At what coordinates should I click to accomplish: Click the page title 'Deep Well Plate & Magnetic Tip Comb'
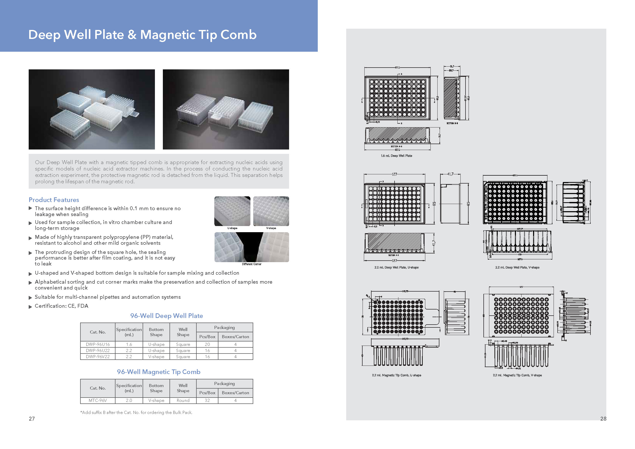coord(142,35)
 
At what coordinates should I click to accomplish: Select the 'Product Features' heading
coord(54,200)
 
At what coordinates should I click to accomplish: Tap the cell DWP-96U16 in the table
coord(98,344)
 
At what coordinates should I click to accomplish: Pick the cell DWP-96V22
coord(98,357)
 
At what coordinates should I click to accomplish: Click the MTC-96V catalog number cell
coord(98,400)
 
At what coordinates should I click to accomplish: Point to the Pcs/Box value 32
coord(207,400)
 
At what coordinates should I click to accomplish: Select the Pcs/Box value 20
coord(207,344)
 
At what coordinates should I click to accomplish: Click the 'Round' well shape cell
coord(183,400)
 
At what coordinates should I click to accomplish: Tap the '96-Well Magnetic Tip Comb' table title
coord(158,372)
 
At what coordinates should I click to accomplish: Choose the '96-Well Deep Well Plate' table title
coord(166,316)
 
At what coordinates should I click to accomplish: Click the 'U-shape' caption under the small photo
coord(232,228)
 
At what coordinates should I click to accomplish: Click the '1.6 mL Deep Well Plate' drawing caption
coord(396,156)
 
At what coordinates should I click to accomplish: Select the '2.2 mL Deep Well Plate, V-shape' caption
coord(517,267)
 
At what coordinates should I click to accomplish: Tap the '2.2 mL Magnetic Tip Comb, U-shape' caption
coord(396,375)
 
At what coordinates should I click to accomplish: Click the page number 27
coord(32,419)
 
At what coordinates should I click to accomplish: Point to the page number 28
coord(603,419)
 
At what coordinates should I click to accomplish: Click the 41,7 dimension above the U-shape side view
coord(450,174)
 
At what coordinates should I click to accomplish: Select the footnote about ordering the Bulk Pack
coord(136,412)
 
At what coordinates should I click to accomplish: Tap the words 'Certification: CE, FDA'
coord(61,306)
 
